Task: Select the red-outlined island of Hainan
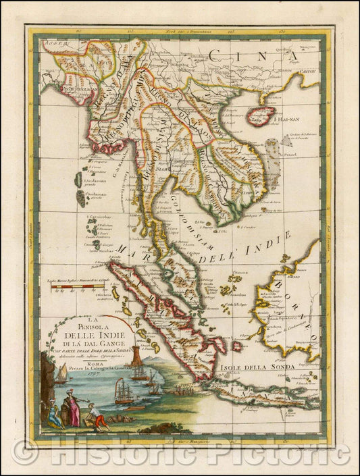pos(261,115)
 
